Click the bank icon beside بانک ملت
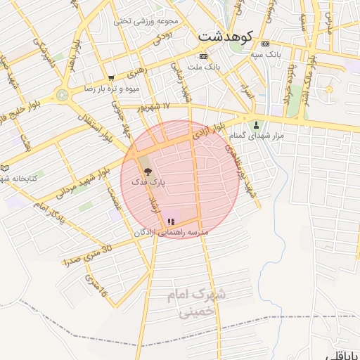(204, 56)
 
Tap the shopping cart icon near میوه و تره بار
(111, 78)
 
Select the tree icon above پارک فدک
(147, 171)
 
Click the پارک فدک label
(148, 182)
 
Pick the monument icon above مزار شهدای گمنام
(256, 125)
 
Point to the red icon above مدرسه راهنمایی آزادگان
(172, 221)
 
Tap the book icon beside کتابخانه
(5, 168)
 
